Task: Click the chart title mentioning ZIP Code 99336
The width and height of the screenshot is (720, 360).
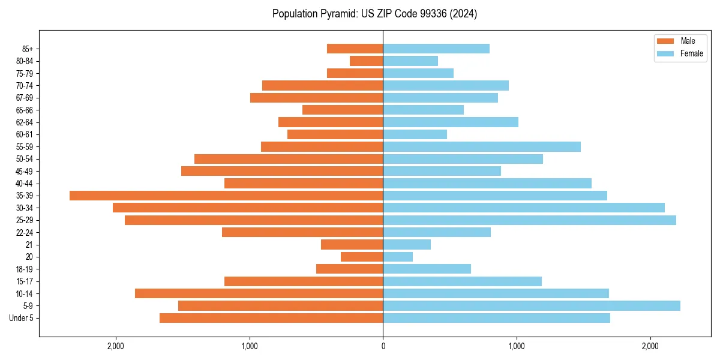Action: (374, 14)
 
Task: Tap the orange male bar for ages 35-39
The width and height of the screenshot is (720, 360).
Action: (226, 196)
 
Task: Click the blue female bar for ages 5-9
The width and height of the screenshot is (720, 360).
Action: (532, 306)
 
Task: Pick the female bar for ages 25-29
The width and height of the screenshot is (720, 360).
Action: (529, 220)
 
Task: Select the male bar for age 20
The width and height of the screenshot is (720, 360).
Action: (362, 257)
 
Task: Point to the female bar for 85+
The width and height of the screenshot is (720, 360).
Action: (436, 49)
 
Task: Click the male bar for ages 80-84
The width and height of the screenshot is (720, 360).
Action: (366, 61)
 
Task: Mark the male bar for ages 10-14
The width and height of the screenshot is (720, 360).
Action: (259, 293)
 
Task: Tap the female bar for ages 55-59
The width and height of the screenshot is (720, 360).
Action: (482, 146)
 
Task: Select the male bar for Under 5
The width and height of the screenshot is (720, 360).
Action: (271, 318)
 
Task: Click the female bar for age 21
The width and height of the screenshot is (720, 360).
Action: (407, 245)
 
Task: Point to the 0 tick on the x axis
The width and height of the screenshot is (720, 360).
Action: (383, 347)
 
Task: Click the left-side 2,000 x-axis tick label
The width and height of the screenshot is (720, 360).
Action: (115, 347)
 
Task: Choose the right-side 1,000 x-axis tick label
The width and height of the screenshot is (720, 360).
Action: (517, 347)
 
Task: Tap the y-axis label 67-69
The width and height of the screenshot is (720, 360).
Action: (25, 98)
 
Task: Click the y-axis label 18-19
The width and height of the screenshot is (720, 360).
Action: (25, 269)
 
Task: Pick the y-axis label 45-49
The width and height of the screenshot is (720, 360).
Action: (25, 171)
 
